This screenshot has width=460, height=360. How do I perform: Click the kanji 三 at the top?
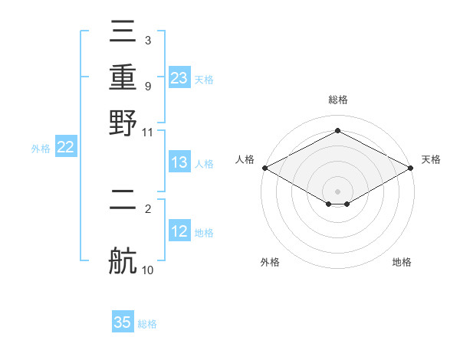coord(123,33)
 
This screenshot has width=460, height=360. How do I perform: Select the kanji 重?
coord(123,77)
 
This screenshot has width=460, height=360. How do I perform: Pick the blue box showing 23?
coord(179,78)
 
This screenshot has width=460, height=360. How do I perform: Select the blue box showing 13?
coord(179,162)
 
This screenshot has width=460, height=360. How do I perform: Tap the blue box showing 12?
coord(179,231)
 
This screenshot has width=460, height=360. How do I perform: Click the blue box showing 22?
coord(65,148)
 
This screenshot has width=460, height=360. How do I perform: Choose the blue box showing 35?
coord(123,322)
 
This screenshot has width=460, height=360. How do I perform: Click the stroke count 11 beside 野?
coord(148,132)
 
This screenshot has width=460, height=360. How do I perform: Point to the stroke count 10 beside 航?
coord(148,270)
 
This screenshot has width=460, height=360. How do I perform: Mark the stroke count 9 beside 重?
coord(147,86)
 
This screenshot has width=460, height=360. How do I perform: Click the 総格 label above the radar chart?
coord(337,100)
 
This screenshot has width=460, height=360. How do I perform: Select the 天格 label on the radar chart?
coord(431,159)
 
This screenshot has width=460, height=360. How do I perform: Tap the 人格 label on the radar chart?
coord(245,159)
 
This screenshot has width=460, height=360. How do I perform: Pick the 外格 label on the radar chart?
coord(270,262)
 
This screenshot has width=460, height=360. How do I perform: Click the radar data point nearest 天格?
coord(412,168)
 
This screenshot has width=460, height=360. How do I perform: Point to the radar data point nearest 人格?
coord(264,168)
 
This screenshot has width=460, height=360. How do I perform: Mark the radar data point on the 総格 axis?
coord(337,130)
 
